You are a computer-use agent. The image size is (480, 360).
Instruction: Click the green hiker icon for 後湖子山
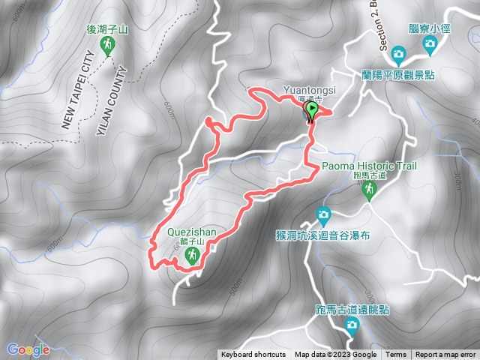click(108, 46)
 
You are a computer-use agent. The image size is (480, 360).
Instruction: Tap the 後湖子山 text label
click(108, 29)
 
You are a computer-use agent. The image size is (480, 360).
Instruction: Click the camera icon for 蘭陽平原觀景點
click(398, 54)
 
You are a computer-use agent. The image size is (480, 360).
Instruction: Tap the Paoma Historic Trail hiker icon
click(368, 190)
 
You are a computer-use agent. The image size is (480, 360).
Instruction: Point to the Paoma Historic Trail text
click(368, 166)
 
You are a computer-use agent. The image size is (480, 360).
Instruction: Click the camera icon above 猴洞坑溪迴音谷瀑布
click(323, 214)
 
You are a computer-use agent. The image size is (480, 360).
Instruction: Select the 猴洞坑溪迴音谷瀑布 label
click(323, 234)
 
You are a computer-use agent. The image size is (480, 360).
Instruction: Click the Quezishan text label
click(192, 232)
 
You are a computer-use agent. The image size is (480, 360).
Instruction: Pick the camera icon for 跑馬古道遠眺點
click(352, 325)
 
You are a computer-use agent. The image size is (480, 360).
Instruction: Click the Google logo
click(28, 349)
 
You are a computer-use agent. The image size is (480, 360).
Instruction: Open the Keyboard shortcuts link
click(253, 355)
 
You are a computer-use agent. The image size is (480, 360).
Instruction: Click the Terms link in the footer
click(396, 355)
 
